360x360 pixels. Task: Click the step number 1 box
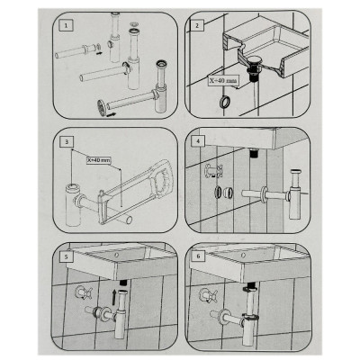pyautogui.click(x=66, y=25)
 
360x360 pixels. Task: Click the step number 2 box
pyautogui.click(x=197, y=25)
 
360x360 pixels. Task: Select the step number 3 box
pyautogui.click(x=67, y=141)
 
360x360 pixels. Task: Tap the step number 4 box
pyautogui.click(x=198, y=141)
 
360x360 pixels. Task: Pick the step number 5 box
pyautogui.click(x=67, y=256)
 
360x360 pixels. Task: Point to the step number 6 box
pyautogui.click(x=198, y=256)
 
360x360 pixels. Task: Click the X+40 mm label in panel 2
pyautogui.click(x=224, y=80)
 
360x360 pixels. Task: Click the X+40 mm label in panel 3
pyautogui.click(x=98, y=160)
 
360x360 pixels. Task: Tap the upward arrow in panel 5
pyautogui.click(x=114, y=297)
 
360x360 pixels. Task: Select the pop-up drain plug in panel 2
pyautogui.click(x=256, y=59)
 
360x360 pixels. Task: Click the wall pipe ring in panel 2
pyautogui.click(x=224, y=102)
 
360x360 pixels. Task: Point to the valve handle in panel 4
pyautogui.click(x=213, y=171)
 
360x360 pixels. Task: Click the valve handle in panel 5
pyautogui.click(x=84, y=292)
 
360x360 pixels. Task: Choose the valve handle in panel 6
pyautogui.click(x=208, y=295)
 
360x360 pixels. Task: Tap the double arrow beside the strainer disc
pyautogui.click(x=111, y=114)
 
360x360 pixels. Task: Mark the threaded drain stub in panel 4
pyautogui.click(x=254, y=154)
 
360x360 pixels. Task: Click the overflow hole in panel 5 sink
pyautogui.click(x=116, y=256)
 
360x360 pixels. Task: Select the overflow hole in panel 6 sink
pyautogui.click(x=243, y=256)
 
